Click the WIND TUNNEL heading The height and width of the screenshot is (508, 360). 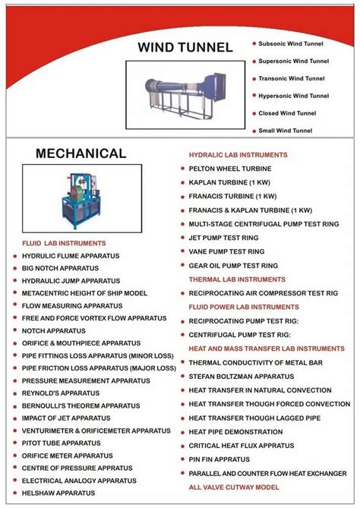coord(185,48)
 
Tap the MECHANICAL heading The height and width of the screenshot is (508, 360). coord(81,154)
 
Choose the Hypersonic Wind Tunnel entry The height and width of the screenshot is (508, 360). coord(292,96)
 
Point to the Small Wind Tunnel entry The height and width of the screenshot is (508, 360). coord(285,130)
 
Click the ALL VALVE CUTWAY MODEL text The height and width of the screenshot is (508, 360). coord(234,487)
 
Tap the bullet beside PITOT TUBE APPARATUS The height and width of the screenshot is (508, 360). coord(14,443)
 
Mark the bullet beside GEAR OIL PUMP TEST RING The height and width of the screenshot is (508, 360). coord(182,265)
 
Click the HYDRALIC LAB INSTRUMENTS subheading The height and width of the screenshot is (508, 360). coord(238,155)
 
